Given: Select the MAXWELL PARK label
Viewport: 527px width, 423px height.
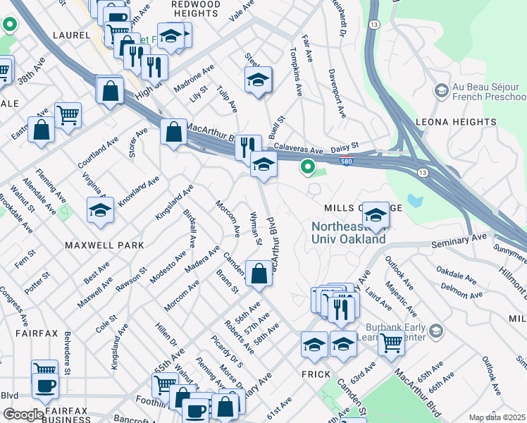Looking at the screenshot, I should click(x=104, y=245).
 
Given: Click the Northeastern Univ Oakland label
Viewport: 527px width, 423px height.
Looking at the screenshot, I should click(x=349, y=233).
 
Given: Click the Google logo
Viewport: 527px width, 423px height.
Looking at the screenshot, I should click(x=23, y=415).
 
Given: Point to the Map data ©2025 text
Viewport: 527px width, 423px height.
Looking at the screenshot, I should click(x=497, y=417).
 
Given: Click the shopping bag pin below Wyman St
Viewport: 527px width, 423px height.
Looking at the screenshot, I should click(x=259, y=274).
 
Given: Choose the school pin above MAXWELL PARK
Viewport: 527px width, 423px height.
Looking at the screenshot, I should click(x=100, y=210).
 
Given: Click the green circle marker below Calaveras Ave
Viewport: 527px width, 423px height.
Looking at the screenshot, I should click(x=307, y=167).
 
